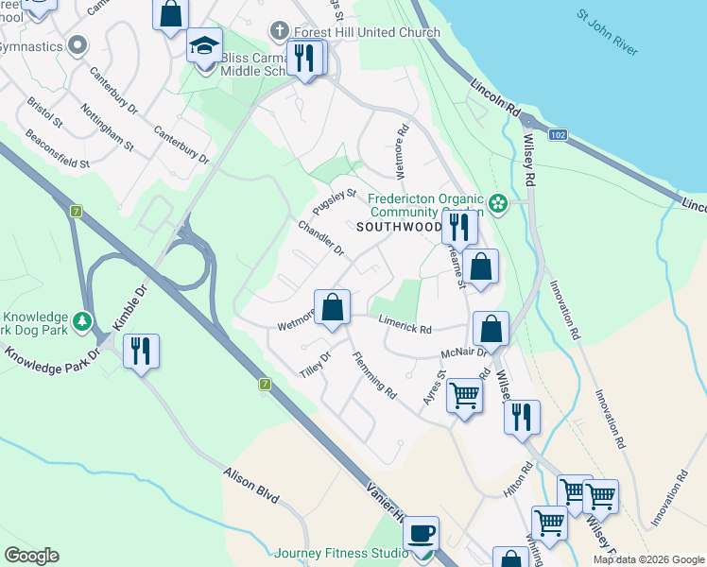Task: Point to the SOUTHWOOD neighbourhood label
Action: tap(399, 228)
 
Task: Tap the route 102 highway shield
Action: tap(558, 135)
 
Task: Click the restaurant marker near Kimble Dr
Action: tap(141, 352)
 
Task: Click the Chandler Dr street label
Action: tap(321, 237)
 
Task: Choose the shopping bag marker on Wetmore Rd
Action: tap(332, 308)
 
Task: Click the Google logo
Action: tap(31, 556)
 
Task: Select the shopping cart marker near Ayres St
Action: tap(464, 395)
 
